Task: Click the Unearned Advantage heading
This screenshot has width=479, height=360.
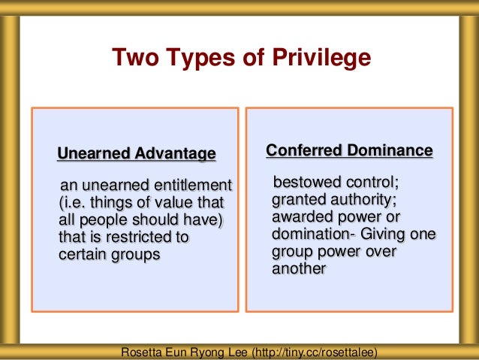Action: (x=137, y=154)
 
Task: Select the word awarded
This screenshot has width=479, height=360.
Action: (x=302, y=216)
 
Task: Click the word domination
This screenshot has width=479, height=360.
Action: (x=308, y=234)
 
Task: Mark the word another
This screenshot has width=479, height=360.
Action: (x=298, y=268)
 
